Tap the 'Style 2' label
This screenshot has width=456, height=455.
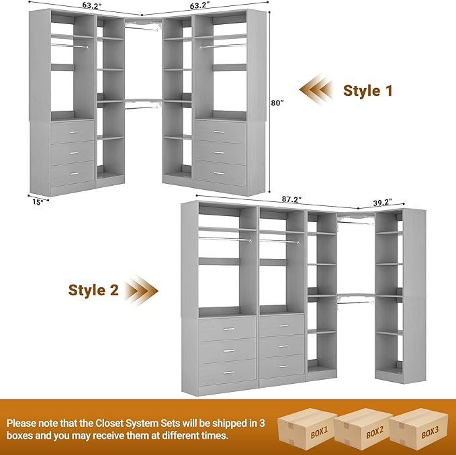coord(94,290)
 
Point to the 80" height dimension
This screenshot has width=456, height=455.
coord(278,103)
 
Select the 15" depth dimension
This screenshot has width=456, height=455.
coord(38,200)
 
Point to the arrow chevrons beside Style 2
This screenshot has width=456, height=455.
coord(143,290)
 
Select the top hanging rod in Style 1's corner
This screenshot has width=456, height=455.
coord(144,28)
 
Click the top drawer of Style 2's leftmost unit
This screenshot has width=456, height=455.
coord(227,329)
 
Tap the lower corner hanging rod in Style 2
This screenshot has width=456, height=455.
coord(355,302)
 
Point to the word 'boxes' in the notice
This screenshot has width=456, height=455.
coord(21,436)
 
